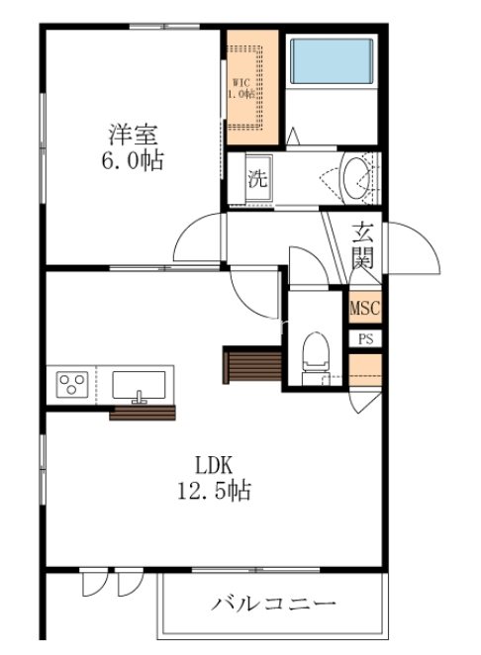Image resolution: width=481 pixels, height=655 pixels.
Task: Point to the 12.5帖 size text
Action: [212, 491]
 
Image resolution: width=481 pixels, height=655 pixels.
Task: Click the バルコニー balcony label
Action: [274, 603]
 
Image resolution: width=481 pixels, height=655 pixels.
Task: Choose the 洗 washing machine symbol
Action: [257, 180]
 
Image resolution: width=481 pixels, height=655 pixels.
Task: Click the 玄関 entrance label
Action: [363, 247]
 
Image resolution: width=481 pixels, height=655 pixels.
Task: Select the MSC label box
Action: [364, 308]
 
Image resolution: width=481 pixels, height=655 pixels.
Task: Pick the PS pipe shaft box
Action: [365, 337]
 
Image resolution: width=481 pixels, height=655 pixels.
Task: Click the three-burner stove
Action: [72, 382]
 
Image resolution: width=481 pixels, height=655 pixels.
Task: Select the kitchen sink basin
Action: [142, 383]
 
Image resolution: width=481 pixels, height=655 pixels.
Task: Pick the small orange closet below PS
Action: [365, 368]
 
